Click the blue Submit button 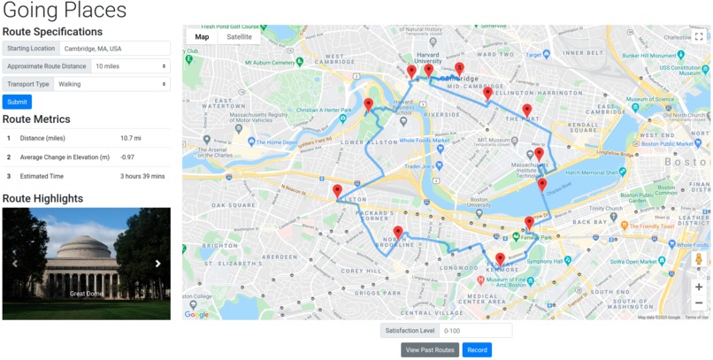pyautogui.click(x=17, y=102)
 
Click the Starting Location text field pyautogui.click(x=115, y=49)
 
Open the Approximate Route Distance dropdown pyautogui.click(x=129, y=66)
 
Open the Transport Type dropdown pyautogui.click(x=111, y=84)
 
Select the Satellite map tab pyautogui.click(x=239, y=37)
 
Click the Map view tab pyautogui.click(x=203, y=37)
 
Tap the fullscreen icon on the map pyautogui.click(x=698, y=37)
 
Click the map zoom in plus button pyautogui.click(x=698, y=287)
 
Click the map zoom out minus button pyautogui.click(x=698, y=303)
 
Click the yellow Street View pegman pyautogui.click(x=698, y=259)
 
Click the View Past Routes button pyautogui.click(x=430, y=350)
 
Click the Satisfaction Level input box pyautogui.click(x=476, y=331)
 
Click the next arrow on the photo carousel pyautogui.click(x=158, y=264)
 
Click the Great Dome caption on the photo pyautogui.click(x=87, y=294)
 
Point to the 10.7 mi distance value pyautogui.click(x=131, y=138)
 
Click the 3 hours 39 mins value pyautogui.click(x=142, y=176)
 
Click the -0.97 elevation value pyautogui.click(x=128, y=157)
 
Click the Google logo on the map pyautogui.click(x=197, y=314)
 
